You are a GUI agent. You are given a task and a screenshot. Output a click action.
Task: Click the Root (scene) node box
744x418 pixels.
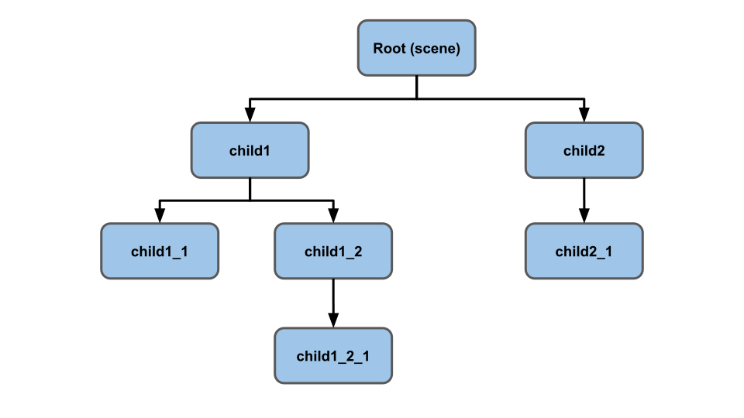pos(416,48)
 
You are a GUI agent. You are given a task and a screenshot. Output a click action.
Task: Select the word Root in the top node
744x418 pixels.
pos(390,49)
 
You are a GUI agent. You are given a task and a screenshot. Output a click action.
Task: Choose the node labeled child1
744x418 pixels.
pos(250,151)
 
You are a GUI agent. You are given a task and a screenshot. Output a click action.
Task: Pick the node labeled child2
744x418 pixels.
pos(584,151)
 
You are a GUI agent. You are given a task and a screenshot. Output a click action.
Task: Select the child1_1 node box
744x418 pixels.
pos(160,252)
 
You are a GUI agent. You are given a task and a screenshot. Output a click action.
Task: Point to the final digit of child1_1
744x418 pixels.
pos(184,252)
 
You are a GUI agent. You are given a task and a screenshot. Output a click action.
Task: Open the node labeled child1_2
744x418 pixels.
pos(333,252)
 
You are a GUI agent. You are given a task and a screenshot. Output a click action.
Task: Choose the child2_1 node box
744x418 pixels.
pos(584,252)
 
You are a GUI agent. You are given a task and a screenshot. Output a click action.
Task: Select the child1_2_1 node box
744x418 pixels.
pos(333,356)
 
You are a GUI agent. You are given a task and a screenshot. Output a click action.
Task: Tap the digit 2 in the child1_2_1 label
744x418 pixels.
pos(350,356)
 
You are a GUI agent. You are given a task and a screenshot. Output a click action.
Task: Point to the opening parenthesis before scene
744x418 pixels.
pos(413,49)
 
